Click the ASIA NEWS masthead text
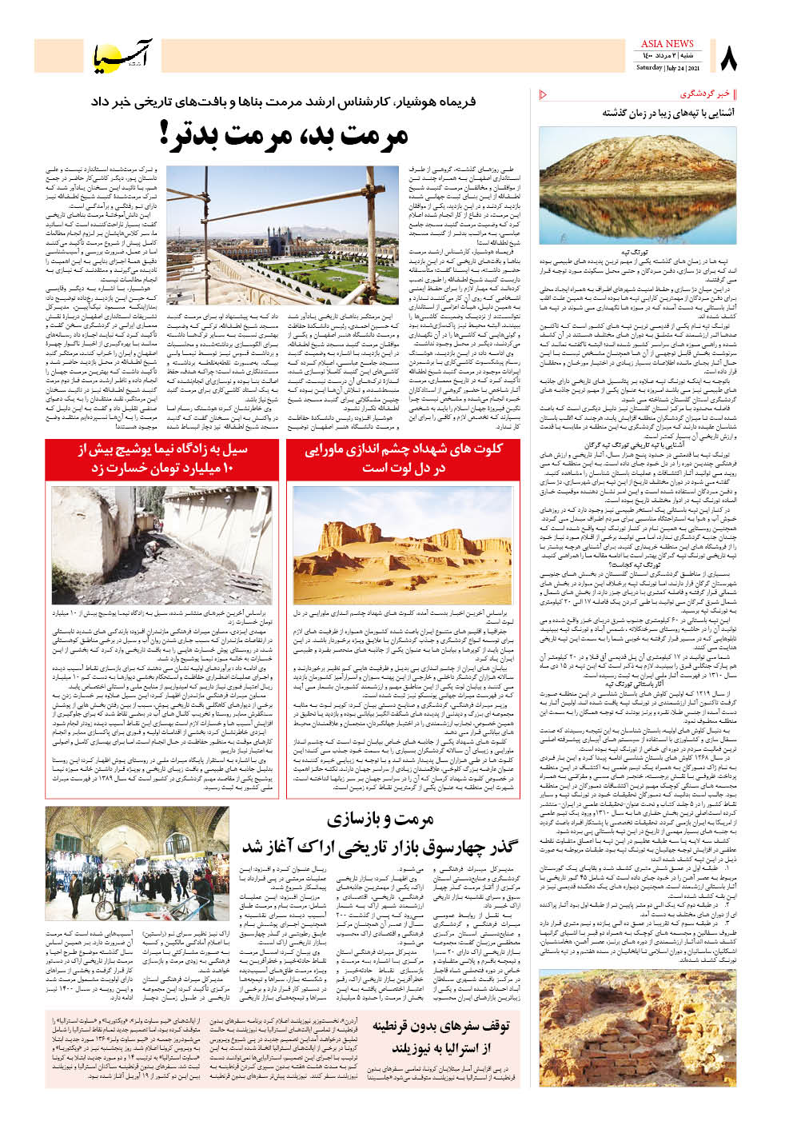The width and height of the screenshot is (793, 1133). [667, 45]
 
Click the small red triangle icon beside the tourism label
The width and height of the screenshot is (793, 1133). [544, 94]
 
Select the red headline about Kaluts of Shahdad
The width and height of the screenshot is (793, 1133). [403, 457]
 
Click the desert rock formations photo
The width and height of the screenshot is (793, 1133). [403, 545]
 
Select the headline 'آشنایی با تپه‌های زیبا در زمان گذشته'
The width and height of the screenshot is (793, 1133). [668, 113]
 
